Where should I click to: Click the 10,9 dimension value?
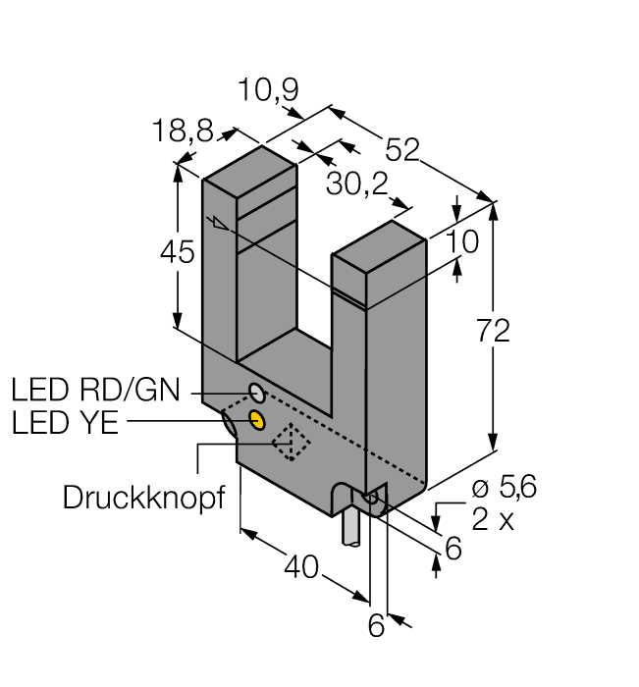pos(268,91)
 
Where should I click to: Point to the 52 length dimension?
pos(403,148)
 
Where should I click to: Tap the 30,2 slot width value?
pos(353,186)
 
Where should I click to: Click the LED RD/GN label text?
pos(95,391)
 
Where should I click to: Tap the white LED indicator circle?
pos(257,393)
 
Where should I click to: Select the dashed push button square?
pos(291,445)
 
